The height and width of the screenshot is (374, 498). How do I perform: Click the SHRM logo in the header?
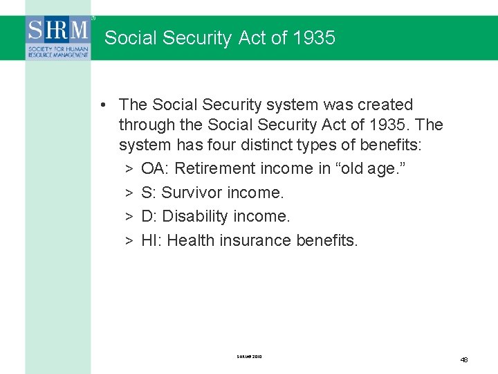click(x=58, y=37)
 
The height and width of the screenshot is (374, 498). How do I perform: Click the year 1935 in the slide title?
click(x=313, y=38)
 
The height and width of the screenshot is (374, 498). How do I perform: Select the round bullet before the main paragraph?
click(x=102, y=105)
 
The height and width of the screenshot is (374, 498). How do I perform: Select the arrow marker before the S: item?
click(x=129, y=193)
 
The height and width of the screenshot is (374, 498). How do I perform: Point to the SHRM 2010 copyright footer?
click(x=249, y=357)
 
